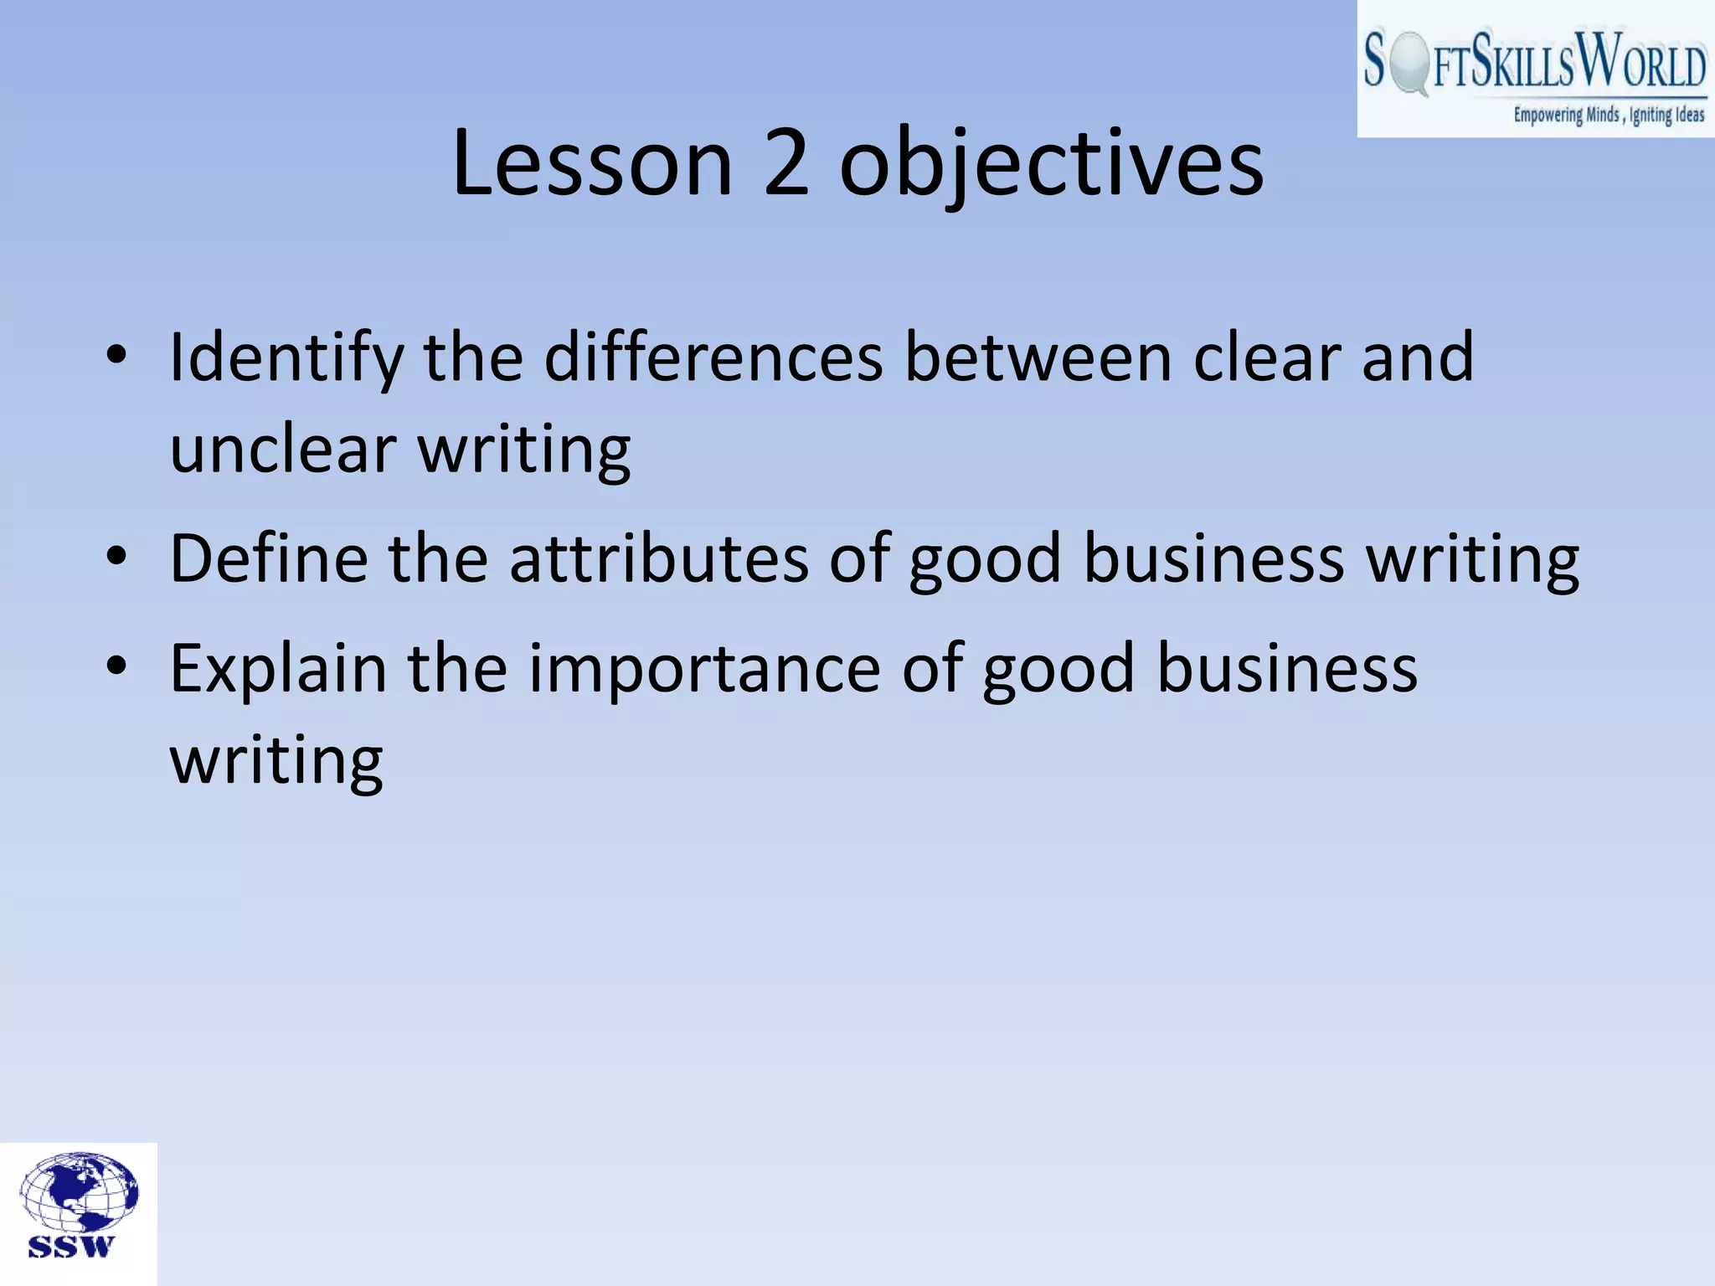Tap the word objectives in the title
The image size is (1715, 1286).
pos(1051,166)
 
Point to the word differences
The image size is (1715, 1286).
pos(713,358)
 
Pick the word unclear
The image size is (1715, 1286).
pos(283,450)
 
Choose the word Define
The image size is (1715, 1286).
pos(268,558)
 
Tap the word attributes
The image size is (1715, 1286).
pos(659,558)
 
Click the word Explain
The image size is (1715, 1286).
pos(278,669)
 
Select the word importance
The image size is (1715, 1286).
pos(704,669)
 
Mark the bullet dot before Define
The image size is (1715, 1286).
pos(116,555)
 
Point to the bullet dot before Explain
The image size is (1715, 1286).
pos(116,666)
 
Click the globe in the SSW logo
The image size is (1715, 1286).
pos(79,1191)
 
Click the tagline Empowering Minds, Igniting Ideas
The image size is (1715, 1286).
pos(1608,115)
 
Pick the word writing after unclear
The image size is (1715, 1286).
pos(524,450)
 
